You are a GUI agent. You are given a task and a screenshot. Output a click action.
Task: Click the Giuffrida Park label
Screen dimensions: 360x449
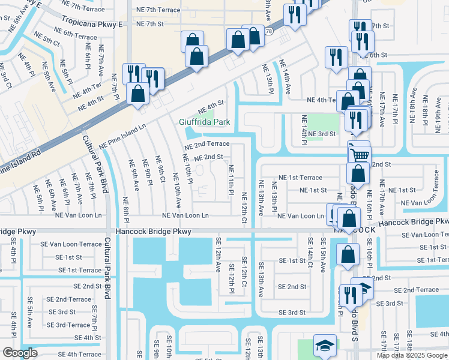[x=205, y=122]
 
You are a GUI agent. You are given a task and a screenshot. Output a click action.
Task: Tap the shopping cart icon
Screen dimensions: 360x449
[x=360, y=155]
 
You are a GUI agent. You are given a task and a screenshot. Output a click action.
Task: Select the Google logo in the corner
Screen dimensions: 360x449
[x=20, y=353]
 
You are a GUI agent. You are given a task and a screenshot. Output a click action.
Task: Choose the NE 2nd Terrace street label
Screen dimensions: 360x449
[x=206, y=144]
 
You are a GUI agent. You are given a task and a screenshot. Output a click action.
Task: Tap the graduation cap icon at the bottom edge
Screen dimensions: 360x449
[x=325, y=347]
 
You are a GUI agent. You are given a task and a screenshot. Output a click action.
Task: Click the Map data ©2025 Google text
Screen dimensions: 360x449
[x=412, y=355]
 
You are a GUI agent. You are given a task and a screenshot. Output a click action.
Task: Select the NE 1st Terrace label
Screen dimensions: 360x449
[x=301, y=178]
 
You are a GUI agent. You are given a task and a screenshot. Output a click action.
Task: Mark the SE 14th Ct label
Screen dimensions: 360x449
[x=310, y=253]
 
